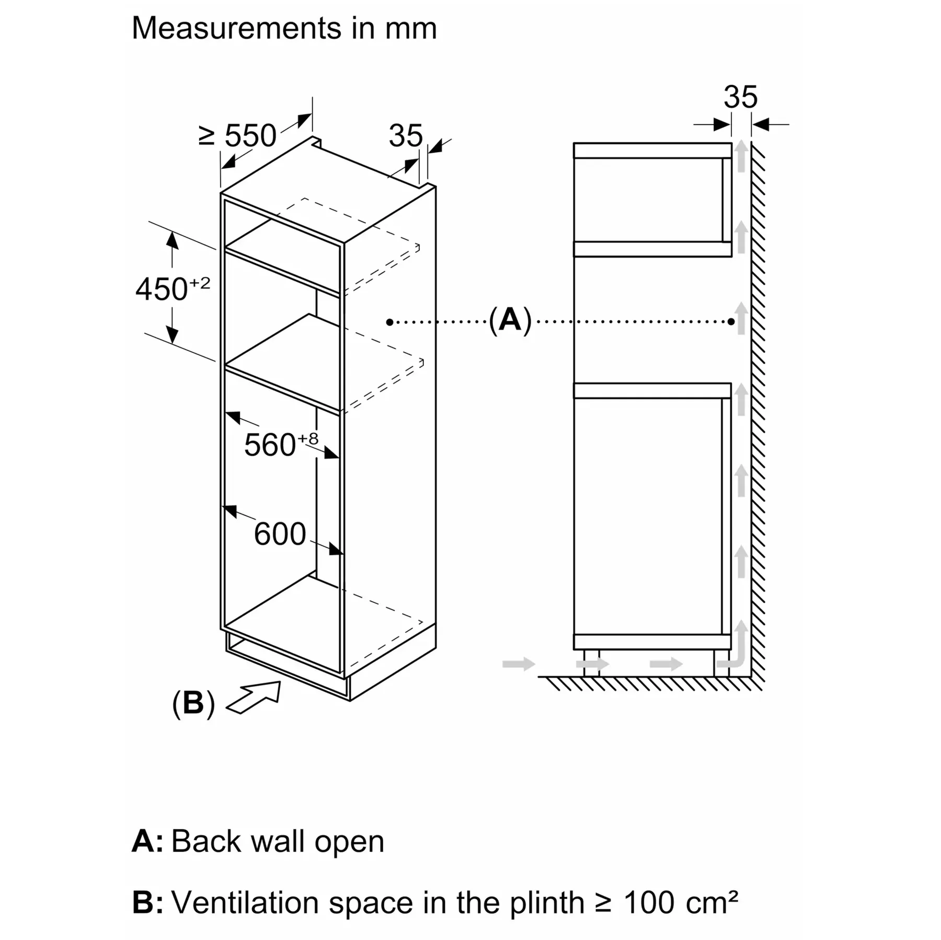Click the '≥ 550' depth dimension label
click(238, 136)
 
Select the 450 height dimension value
click(162, 289)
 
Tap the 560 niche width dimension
click(270, 445)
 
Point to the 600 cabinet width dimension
click(280, 534)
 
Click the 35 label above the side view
click(740, 97)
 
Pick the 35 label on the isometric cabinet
click(405, 136)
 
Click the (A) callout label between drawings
click(510, 320)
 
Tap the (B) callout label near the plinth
click(193, 703)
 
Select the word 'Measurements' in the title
click(236, 28)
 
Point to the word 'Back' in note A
click(206, 841)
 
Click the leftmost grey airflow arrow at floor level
click(519, 664)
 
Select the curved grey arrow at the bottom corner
click(734, 645)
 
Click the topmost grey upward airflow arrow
click(741, 156)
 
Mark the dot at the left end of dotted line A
click(389, 322)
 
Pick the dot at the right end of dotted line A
click(731, 321)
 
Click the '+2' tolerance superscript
click(200, 283)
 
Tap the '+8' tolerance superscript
click(308, 438)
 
